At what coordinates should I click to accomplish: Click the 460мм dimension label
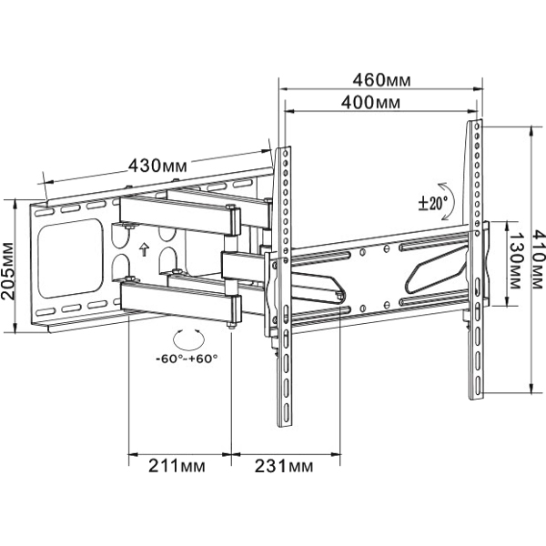[381, 80]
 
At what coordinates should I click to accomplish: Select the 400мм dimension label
[370, 103]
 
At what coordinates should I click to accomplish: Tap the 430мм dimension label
[157, 166]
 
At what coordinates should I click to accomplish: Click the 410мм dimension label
[538, 258]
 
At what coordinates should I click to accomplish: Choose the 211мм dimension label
[177, 466]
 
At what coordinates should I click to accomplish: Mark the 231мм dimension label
[284, 466]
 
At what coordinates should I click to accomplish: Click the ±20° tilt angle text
[432, 203]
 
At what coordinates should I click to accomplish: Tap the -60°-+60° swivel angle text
[187, 359]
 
